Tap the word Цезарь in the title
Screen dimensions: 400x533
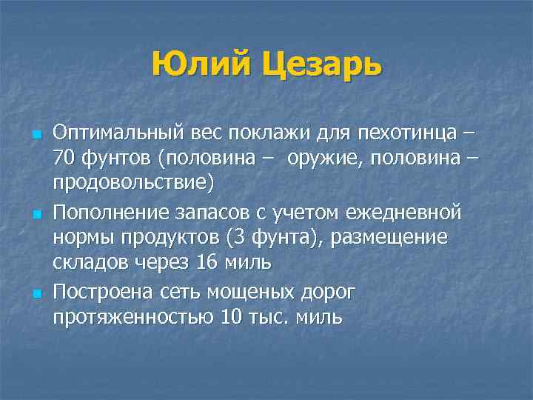click(322, 65)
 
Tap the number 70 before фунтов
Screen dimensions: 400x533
click(64, 160)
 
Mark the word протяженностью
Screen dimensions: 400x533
click(133, 318)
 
